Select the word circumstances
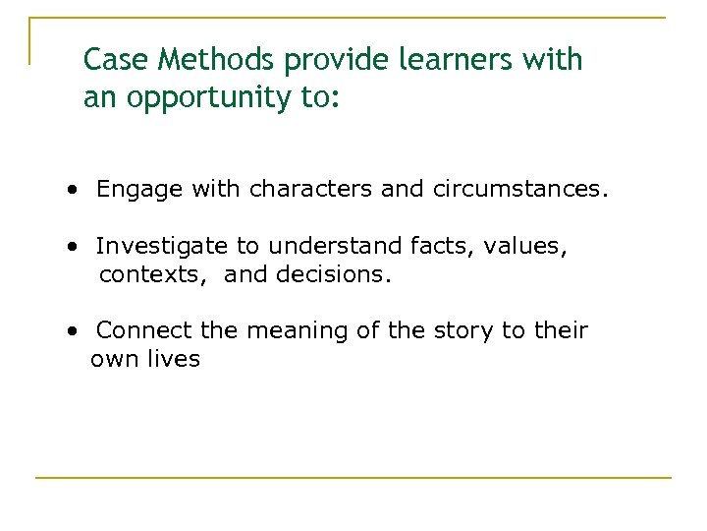tap(518, 190)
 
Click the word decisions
tap(334, 275)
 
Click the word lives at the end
tap(176, 359)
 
